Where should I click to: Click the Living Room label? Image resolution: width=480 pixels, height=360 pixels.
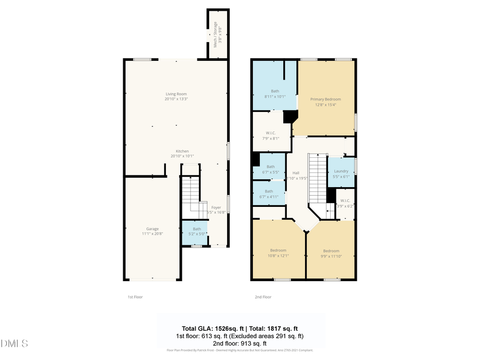click(176, 94)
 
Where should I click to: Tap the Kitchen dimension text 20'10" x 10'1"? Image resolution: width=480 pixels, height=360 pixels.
click(182, 156)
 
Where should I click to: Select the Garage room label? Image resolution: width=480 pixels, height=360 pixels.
click(153, 229)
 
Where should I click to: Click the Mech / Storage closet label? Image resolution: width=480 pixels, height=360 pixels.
click(215, 35)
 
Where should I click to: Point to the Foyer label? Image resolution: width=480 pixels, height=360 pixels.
click(216, 207)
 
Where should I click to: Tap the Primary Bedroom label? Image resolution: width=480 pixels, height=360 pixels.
click(325, 99)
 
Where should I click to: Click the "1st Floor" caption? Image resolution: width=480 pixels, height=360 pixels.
click(135, 297)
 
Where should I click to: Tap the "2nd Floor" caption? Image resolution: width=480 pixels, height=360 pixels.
click(263, 297)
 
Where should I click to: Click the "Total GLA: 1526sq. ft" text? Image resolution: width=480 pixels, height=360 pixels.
click(211, 328)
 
